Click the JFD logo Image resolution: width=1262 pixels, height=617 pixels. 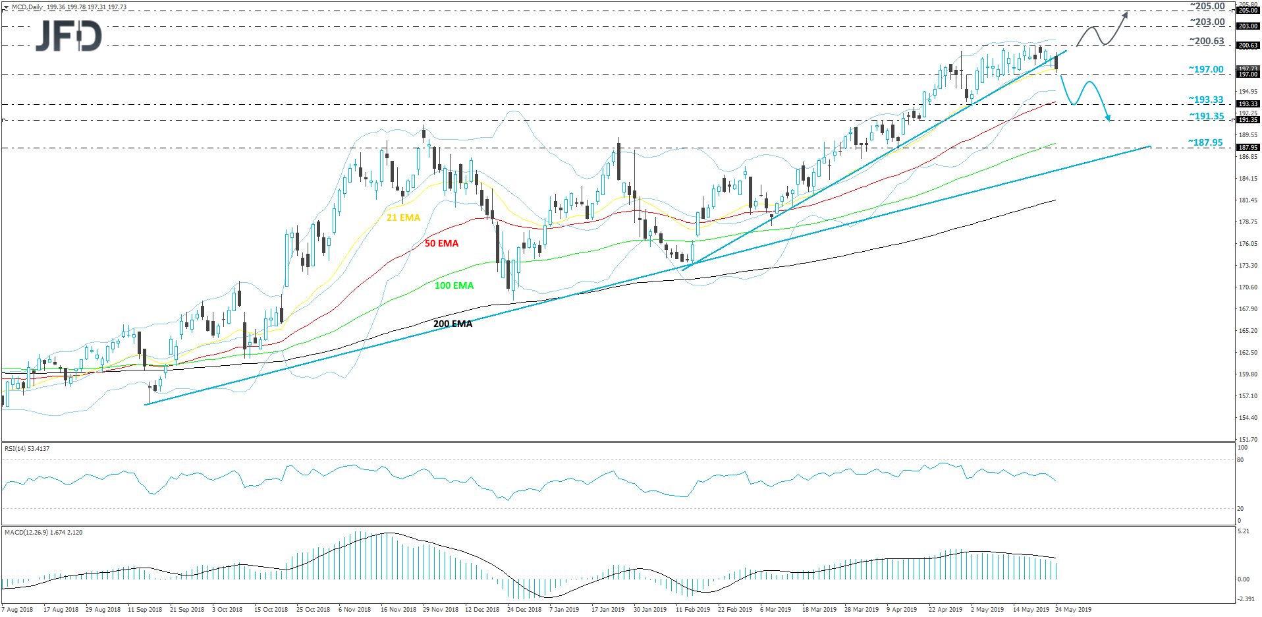pyautogui.click(x=69, y=36)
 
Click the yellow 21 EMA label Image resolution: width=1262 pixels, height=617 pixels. pyautogui.click(x=403, y=218)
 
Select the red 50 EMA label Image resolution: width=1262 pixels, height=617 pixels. pyautogui.click(x=441, y=243)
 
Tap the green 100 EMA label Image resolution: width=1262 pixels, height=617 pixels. pyautogui.click(x=454, y=285)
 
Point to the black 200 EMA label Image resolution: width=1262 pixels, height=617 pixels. pyautogui.click(x=453, y=324)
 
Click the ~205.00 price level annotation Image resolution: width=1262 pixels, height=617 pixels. pyautogui.click(x=1207, y=6)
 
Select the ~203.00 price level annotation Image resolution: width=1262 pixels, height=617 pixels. pyautogui.click(x=1207, y=22)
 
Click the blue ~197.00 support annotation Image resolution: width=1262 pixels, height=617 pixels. pyautogui.click(x=1206, y=69)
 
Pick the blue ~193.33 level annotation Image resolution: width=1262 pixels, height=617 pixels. pyautogui.click(x=1206, y=100)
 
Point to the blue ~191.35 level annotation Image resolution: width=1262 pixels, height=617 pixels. pyautogui.click(x=1206, y=116)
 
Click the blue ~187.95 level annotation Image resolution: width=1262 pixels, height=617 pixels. pyautogui.click(x=1205, y=142)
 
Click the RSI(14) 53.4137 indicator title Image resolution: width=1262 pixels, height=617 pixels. pyautogui.click(x=27, y=449)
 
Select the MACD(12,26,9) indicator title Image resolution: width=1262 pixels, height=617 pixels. pyautogui.click(x=43, y=532)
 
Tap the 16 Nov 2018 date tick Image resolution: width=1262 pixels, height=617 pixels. pyautogui.click(x=398, y=610)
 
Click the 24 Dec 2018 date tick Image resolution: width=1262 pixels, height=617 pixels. pyautogui.click(x=524, y=610)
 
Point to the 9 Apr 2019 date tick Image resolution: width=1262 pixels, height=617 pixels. pyautogui.click(x=902, y=610)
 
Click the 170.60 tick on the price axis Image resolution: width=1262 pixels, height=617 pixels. pyautogui.click(x=1248, y=287)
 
